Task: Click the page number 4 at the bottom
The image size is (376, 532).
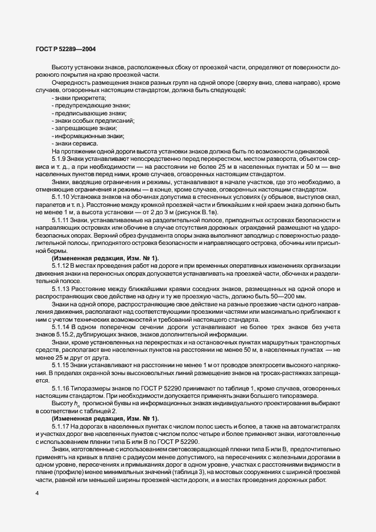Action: point(36,493)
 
